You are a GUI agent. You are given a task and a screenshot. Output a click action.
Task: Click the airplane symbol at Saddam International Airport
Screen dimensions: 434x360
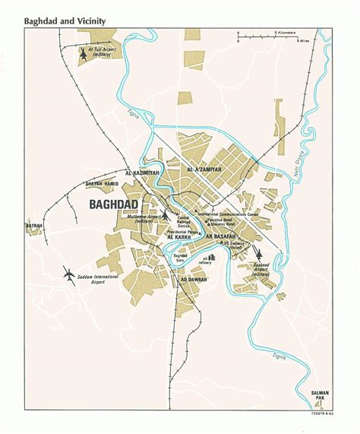coord(71,274)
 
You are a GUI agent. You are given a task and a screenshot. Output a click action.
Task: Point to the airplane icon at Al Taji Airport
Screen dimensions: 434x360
coord(84,55)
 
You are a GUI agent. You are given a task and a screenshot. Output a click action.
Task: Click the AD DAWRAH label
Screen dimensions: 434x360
coord(193,280)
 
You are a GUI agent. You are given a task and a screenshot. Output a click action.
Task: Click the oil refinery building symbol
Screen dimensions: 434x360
coord(213,259)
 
